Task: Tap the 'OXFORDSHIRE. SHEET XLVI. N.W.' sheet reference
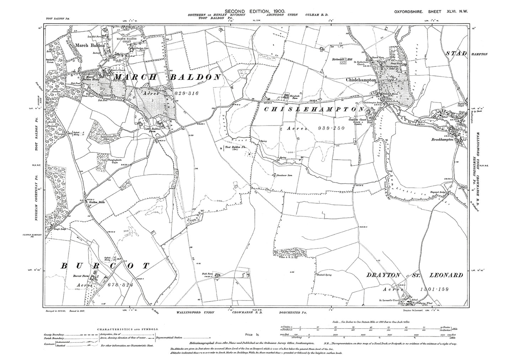click(431, 12)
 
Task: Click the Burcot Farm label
click(80, 275)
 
